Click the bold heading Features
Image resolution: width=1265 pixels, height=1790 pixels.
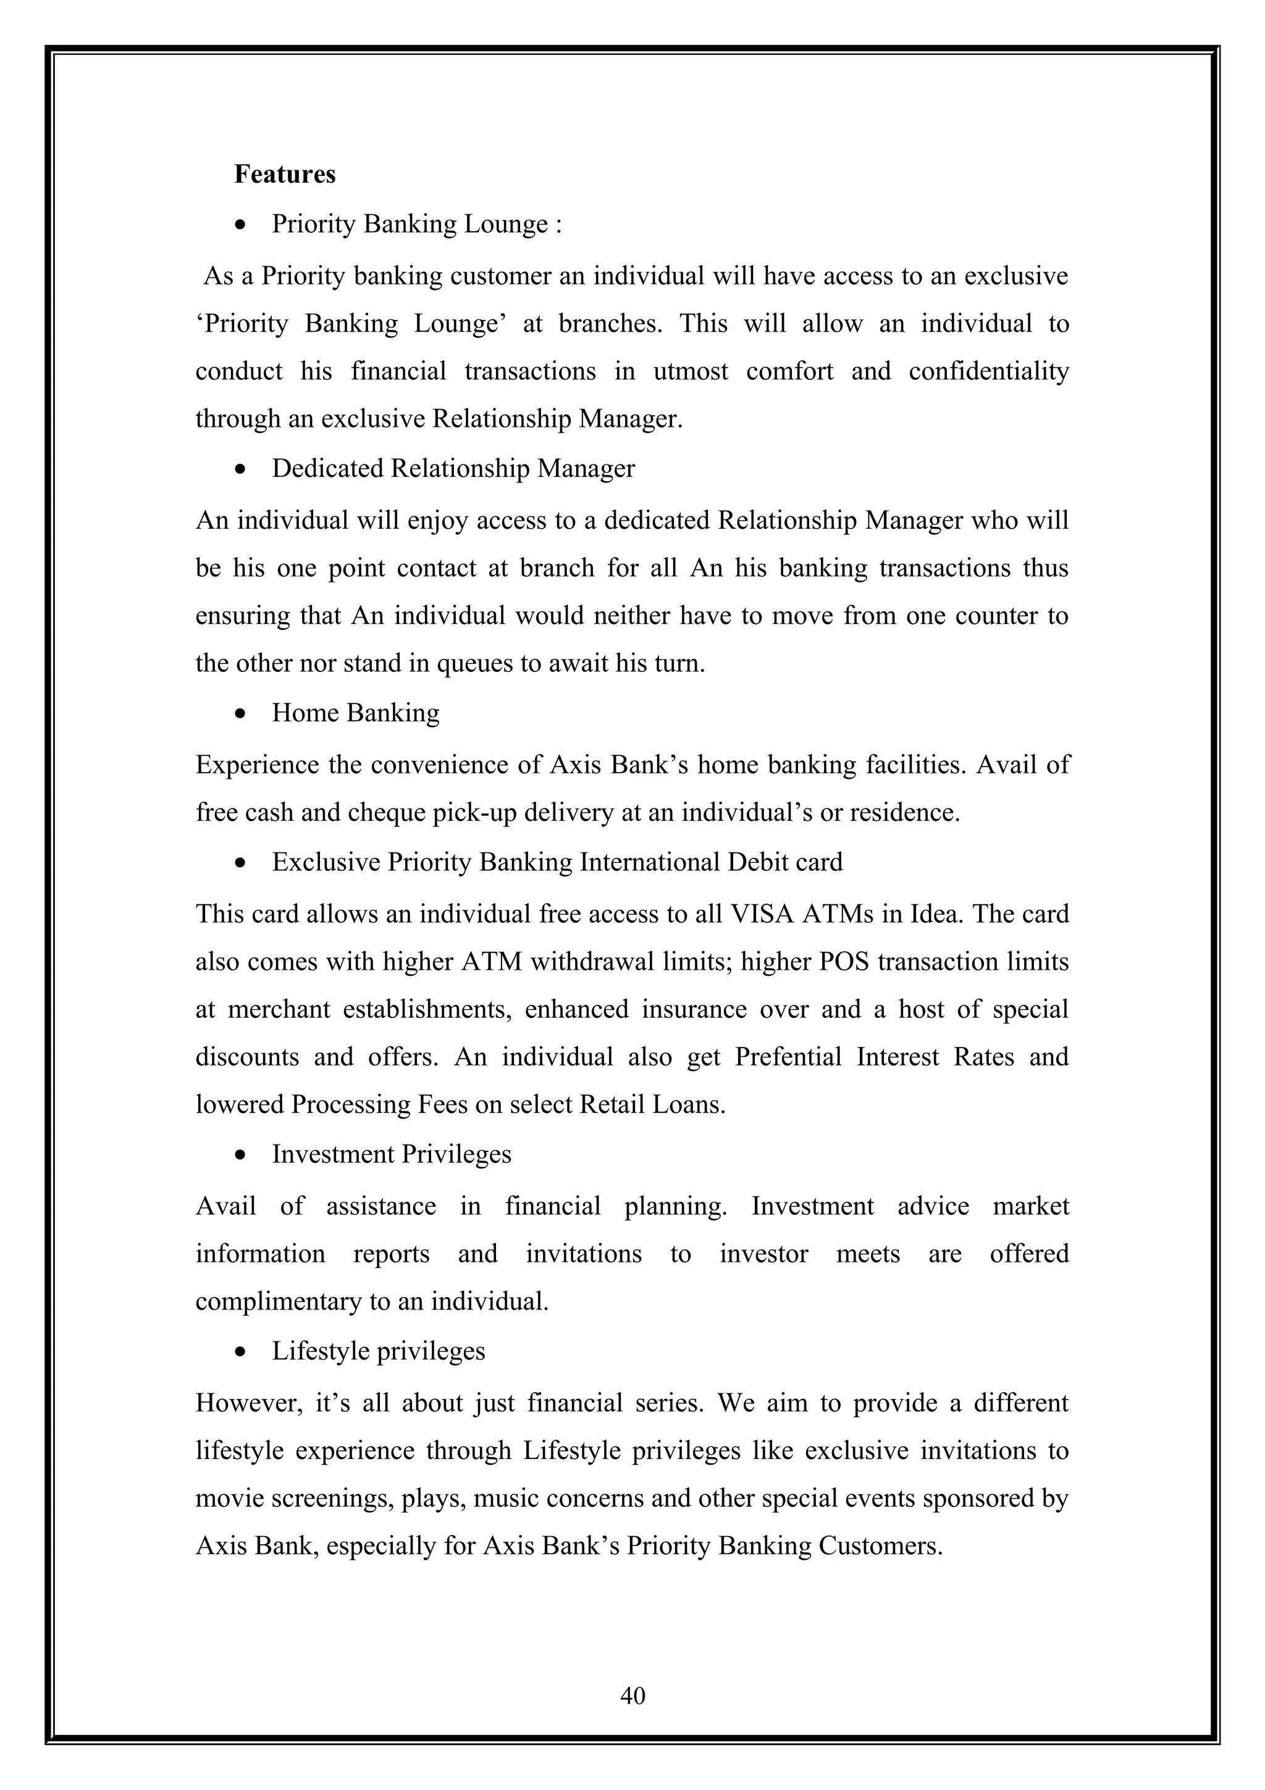285,174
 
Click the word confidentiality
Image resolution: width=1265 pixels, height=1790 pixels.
988,371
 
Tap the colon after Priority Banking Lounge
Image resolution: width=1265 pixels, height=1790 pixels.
558,225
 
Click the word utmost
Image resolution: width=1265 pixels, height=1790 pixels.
691,371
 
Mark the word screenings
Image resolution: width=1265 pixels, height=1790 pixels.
324,1498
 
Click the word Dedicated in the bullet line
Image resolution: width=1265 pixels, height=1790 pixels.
327,469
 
